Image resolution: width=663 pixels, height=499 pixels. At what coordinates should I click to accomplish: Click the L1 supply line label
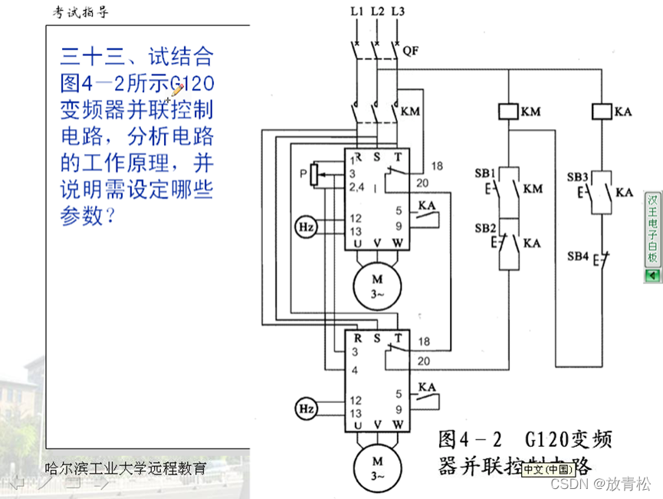coord(356,12)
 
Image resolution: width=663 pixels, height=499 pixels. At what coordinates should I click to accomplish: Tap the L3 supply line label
coord(397,12)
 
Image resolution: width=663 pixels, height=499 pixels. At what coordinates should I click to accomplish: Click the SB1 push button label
coord(484,173)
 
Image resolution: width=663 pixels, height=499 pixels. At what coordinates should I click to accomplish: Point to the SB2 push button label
coord(484,228)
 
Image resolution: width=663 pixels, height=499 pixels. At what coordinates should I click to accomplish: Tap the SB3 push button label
coord(577,177)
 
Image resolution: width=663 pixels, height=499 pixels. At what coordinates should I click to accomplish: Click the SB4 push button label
coord(577,255)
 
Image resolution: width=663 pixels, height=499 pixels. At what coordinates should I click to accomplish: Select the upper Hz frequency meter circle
coord(305,226)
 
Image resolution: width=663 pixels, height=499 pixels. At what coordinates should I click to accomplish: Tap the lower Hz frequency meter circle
coord(305,407)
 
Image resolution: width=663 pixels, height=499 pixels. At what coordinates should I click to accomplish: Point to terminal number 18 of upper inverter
coord(438,166)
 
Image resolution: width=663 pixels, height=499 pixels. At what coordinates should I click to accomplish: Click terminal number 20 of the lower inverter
coord(423,361)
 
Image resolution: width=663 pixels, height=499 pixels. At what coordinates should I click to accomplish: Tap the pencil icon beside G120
coord(176,90)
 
